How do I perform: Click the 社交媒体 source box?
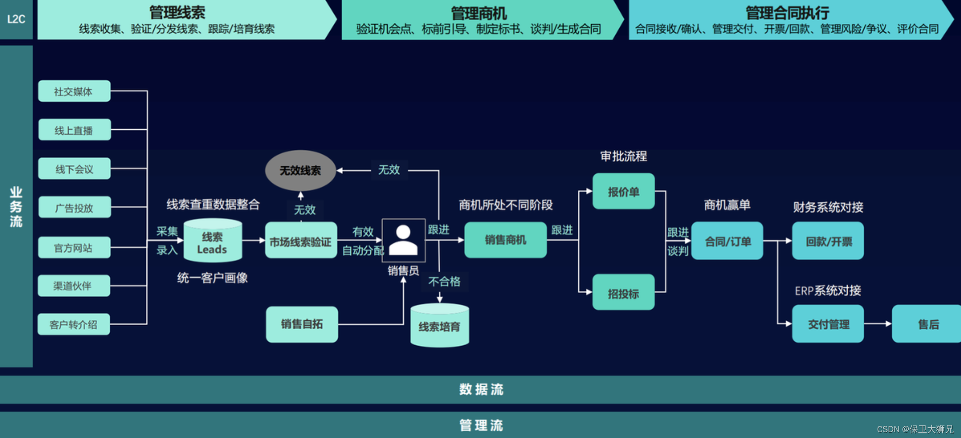click(74, 91)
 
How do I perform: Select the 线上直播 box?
click(75, 130)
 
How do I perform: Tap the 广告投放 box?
click(75, 207)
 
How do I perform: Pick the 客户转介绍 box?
click(74, 324)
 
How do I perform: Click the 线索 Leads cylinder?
click(212, 241)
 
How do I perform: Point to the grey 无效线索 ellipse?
click(300, 170)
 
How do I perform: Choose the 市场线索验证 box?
click(301, 241)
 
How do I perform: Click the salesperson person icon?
click(403, 240)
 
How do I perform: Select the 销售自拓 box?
click(302, 324)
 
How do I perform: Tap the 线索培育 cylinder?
click(439, 326)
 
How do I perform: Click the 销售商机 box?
click(505, 240)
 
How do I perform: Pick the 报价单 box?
click(623, 191)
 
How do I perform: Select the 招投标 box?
click(623, 293)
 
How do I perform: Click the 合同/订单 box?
click(727, 241)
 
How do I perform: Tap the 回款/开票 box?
click(828, 241)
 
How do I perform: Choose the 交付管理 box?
click(828, 324)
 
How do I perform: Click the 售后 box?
click(927, 324)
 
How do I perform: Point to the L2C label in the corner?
click(16, 19)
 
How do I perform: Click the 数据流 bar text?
click(481, 389)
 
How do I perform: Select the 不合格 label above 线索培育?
click(444, 281)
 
